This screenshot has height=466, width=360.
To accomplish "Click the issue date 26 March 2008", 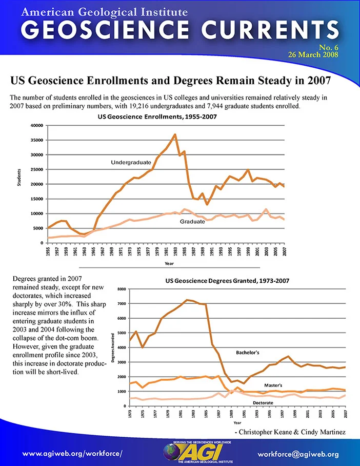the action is pyautogui.click(x=313, y=55).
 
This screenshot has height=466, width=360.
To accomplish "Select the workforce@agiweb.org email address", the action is pyautogui.click(x=298, y=454).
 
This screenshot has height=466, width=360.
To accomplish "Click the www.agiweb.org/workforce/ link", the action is pyautogui.click(x=72, y=454).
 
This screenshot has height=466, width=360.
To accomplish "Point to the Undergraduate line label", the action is pyautogui.click(x=131, y=162).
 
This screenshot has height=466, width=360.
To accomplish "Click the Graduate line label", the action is pyautogui.click(x=192, y=221).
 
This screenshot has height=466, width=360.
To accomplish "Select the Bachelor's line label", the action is pyautogui.click(x=247, y=353).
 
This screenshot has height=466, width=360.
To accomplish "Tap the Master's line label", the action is pyautogui.click(x=273, y=385).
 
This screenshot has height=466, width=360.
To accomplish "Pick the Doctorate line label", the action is pyautogui.click(x=263, y=403).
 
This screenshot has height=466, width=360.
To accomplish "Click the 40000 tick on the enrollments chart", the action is pyautogui.click(x=37, y=125).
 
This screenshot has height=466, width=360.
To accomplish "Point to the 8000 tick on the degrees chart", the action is pyautogui.click(x=122, y=289).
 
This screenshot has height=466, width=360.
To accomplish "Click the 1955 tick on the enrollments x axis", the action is pyautogui.click(x=48, y=251).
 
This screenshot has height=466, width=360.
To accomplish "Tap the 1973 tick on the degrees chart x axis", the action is pyautogui.click(x=130, y=414).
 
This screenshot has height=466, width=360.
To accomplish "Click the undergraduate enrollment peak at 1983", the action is pyautogui.click(x=175, y=134).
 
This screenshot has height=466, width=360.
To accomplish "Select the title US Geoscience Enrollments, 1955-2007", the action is pyautogui.click(x=157, y=116).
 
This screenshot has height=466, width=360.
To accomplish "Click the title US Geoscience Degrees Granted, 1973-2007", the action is pyautogui.click(x=227, y=281).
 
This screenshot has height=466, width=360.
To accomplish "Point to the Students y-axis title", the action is pyautogui.click(x=19, y=178).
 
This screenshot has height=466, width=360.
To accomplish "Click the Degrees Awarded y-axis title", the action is pyautogui.click(x=113, y=348).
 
